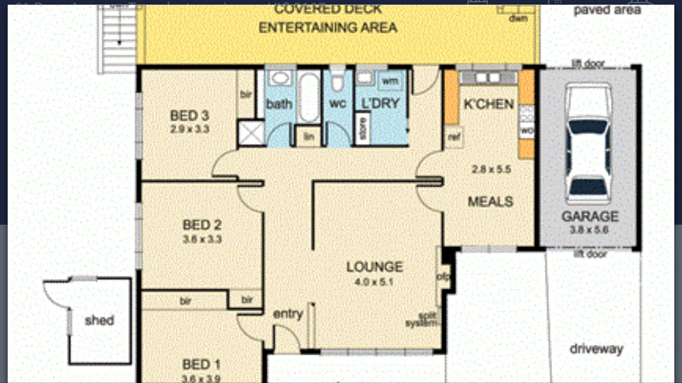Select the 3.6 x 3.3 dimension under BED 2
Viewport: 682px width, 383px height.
pos(202,238)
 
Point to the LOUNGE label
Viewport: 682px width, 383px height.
pos(375,267)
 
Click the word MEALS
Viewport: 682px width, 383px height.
pos(490,202)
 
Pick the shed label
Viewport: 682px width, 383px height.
pos(99,320)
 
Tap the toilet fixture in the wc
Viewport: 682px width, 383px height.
pos(337,82)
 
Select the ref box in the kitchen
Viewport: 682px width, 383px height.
pos(453,137)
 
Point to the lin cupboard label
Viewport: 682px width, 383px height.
pos(308,137)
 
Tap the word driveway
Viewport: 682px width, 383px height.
pos(596,349)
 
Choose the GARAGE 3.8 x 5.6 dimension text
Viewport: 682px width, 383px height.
pos(589,230)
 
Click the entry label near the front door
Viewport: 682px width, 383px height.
pos(288,314)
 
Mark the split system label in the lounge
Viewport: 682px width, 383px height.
pos(423,320)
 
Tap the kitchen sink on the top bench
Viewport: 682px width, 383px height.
pos(488,78)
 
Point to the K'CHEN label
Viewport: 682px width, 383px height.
pos(488,104)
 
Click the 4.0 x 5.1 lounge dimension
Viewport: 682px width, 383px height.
pos(375,281)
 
